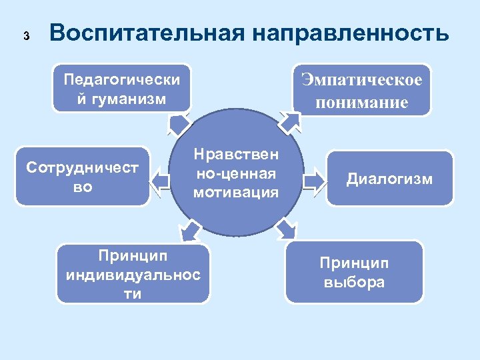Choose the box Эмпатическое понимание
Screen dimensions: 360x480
coord(362,90)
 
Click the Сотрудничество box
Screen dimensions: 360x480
coord(83,177)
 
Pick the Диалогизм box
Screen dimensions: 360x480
coord(389,179)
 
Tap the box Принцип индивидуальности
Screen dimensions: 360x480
coord(133,274)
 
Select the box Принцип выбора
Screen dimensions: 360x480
coord(354,272)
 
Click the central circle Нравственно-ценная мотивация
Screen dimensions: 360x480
coord(235,173)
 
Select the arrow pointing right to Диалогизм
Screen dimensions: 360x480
coord(312,181)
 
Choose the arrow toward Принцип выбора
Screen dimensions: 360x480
coord(285,229)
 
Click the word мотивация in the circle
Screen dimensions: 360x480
coord(235,193)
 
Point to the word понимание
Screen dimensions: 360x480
coord(362,103)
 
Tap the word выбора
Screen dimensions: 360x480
coord(354,282)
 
